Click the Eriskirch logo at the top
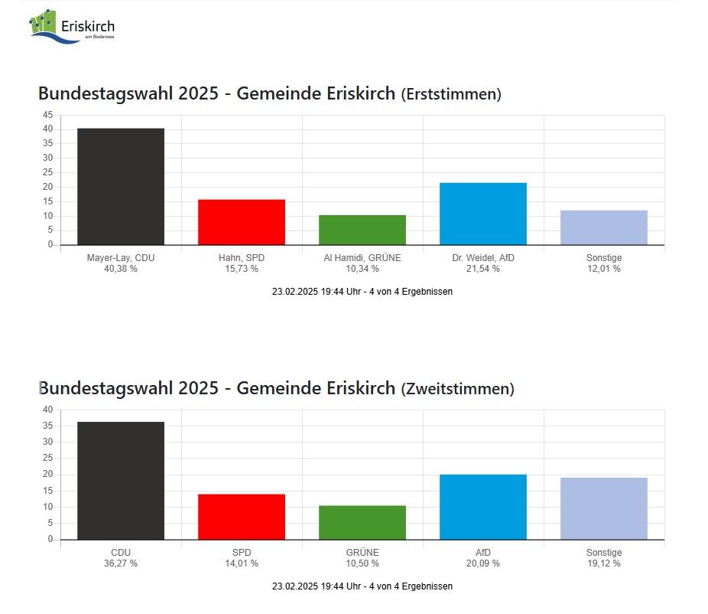point(72,27)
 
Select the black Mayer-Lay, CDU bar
point(120,187)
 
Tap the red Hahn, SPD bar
point(241,222)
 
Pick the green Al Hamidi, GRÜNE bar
point(362,230)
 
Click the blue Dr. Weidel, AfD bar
point(482,214)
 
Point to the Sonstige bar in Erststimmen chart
point(603,227)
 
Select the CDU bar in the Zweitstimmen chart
point(120,481)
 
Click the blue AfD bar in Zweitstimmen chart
point(482,507)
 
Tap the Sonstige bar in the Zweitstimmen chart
point(603,508)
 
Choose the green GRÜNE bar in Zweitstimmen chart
point(362,522)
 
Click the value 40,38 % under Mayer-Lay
point(120,269)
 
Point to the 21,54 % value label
point(482,269)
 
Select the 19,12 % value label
point(603,563)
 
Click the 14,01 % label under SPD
point(241,563)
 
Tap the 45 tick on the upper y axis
point(47,115)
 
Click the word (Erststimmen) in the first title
point(451,94)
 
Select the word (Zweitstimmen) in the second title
point(457,389)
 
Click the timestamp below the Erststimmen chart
point(362,292)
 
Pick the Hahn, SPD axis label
point(241,258)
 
